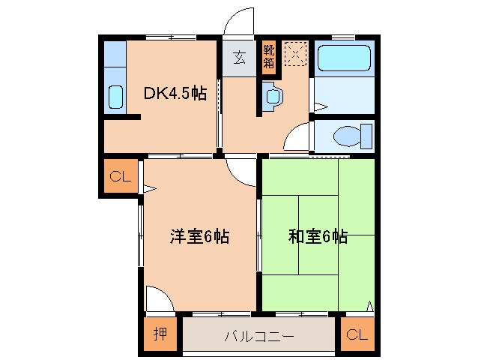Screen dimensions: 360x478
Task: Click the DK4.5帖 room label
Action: [175, 94]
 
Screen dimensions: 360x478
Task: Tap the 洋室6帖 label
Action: [199, 238]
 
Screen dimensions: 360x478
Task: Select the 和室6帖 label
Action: [318, 238]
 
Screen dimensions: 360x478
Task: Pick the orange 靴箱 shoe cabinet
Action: [269, 57]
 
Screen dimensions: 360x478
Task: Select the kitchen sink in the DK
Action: [116, 97]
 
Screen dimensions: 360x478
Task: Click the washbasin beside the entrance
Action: [272, 96]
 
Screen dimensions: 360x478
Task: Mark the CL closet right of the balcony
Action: [357, 335]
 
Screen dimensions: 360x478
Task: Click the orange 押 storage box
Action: [160, 335]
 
